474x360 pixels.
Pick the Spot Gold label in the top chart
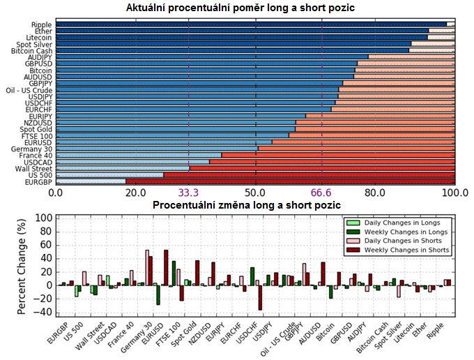pyautogui.click(x=36, y=129)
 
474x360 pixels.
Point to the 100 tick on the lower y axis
pyautogui.click(x=43, y=218)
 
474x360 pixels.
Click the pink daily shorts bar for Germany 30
pyautogui.click(x=147, y=267)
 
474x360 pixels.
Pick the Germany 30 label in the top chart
pyautogui.click(x=32, y=149)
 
